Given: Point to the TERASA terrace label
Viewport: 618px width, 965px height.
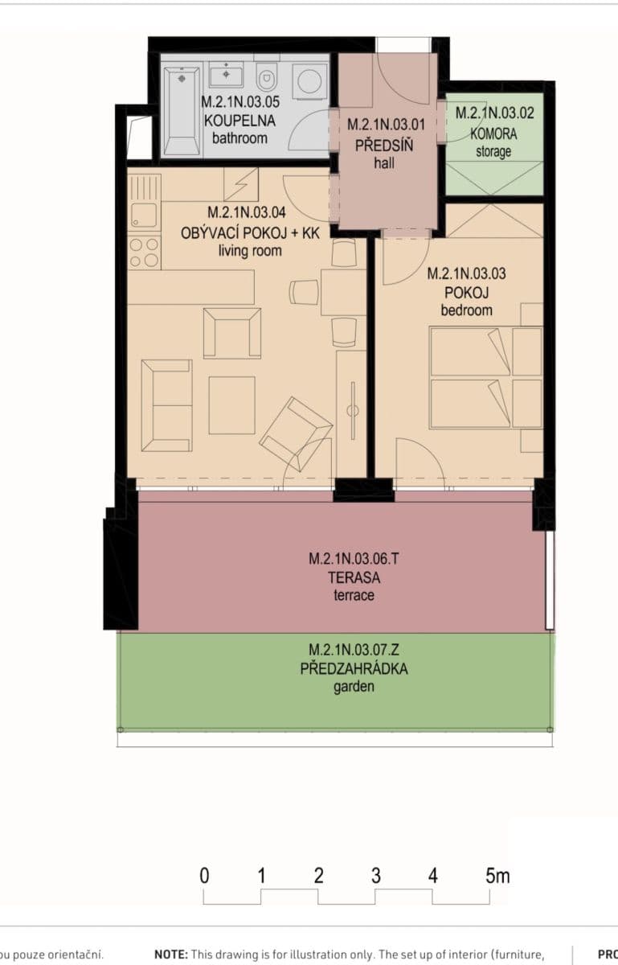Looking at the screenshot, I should [354, 577].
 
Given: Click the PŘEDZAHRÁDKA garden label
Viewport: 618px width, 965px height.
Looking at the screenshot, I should [354, 668].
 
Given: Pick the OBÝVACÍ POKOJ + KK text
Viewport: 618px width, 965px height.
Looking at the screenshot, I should [250, 232].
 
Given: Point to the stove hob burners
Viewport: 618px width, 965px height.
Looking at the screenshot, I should [145, 253].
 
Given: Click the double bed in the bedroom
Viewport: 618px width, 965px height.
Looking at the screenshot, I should [485, 377].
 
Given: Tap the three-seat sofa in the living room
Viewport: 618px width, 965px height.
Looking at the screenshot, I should [166, 404].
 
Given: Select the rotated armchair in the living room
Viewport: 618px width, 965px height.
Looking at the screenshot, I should [295, 433].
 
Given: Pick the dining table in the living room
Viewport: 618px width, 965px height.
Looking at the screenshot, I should [343, 292].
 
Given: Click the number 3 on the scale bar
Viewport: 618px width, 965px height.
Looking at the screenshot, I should [375, 876].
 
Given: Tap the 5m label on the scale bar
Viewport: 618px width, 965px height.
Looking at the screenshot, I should [497, 876].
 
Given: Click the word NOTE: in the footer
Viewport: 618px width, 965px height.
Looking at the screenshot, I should [171, 955].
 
